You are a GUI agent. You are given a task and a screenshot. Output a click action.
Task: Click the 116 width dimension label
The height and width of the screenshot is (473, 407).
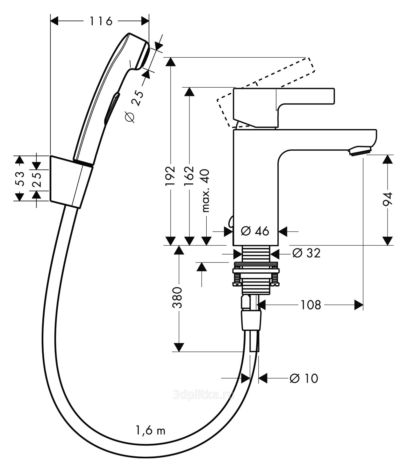(101, 21)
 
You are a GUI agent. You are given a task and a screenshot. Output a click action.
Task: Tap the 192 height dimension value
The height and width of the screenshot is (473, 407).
(171, 176)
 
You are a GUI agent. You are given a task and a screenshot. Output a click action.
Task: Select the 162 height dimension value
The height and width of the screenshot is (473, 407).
(190, 176)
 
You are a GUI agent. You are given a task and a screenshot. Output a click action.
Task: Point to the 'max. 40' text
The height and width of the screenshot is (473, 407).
(206, 190)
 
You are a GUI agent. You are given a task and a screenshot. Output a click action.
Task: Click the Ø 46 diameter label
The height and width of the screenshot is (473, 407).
(255, 231)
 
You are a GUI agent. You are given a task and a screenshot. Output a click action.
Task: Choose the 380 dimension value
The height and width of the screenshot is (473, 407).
(177, 297)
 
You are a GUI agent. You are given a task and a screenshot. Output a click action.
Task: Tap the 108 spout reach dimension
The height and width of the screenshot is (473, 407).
(311, 305)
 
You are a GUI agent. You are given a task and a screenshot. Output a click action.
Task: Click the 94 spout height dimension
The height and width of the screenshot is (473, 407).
(388, 200)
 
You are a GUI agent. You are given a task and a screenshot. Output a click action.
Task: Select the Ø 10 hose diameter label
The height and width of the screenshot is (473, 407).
(304, 378)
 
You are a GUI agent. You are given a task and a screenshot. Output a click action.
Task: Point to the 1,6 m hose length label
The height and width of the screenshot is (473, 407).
(151, 431)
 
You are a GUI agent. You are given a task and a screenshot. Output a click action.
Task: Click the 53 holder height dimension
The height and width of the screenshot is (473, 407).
(20, 178)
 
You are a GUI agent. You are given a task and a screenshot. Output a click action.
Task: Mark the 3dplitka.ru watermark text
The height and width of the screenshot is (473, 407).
(204, 395)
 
